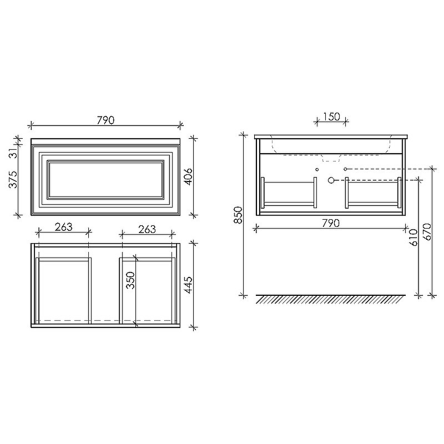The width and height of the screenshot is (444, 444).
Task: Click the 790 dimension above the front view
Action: pyautogui.click(x=105, y=120)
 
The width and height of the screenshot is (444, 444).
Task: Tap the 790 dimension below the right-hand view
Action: pyautogui.click(x=331, y=223)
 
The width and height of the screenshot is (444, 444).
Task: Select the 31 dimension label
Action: pyautogui.click(x=14, y=154)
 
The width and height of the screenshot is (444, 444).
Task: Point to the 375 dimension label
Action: pyautogui.click(x=13, y=179)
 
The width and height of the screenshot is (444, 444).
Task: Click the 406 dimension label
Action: pyautogui.click(x=188, y=177)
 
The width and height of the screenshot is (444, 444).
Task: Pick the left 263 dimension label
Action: pyautogui.click(x=63, y=227)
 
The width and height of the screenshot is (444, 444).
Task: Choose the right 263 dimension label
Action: pyautogui.click(x=147, y=229)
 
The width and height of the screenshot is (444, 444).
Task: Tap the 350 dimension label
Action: pyautogui.click(x=130, y=280)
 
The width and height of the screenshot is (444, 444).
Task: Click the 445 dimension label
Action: pyautogui.click(x=188, y=285)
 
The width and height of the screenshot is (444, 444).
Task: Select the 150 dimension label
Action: pyautogui.click(x=331, y=117)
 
